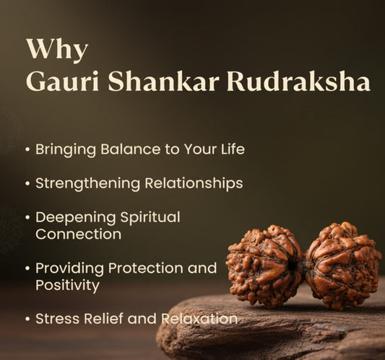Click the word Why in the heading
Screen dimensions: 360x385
tap(57, 51)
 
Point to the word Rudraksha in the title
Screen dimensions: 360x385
tap(298, 82)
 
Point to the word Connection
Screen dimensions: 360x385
tap(78, 234)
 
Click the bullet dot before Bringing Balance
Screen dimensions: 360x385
tap(27, 150)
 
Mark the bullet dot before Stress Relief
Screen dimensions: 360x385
tap(27, 318)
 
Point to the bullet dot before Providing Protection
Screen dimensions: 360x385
tap(27, 268)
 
